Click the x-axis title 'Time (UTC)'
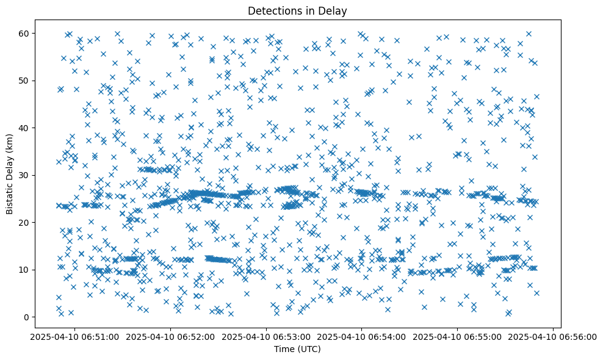tap(298, 350)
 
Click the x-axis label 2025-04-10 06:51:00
tap(74, 336)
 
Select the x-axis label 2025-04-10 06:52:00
tap(170, 336)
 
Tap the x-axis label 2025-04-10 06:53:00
tap(266, 336)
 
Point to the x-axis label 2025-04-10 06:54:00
tap(362, 336)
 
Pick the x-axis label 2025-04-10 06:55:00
tap(458, 336)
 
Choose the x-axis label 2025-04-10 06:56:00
tap(554, 336)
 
